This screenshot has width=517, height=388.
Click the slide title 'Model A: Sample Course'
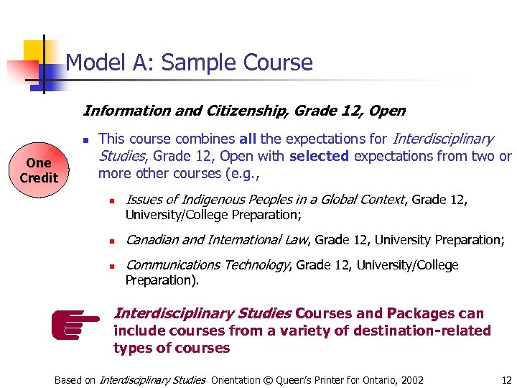189,63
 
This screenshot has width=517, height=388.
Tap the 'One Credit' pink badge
39,170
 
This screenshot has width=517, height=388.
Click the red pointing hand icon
75,323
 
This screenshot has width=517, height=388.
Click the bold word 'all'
246,139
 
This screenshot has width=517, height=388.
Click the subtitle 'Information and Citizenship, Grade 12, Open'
244,111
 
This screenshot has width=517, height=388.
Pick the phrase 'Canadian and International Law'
216,240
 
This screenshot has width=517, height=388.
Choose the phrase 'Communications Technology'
207,265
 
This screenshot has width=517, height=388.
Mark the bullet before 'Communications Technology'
113,266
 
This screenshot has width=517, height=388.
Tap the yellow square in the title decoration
34,51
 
